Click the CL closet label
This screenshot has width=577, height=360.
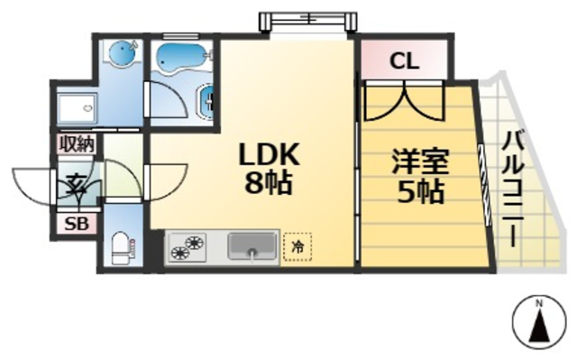pos(404,62)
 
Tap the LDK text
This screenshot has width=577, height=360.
pos(268,154)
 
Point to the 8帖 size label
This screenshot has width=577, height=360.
pos(268,183)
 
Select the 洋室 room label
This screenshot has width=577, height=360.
pos(420,164)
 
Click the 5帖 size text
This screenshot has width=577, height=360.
pos(420,191)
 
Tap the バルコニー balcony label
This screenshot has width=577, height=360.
pos(515,190)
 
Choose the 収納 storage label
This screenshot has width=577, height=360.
pos(77,143)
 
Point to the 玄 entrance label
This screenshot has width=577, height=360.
pos(75,182)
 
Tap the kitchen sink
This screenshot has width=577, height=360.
pos(252,245)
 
